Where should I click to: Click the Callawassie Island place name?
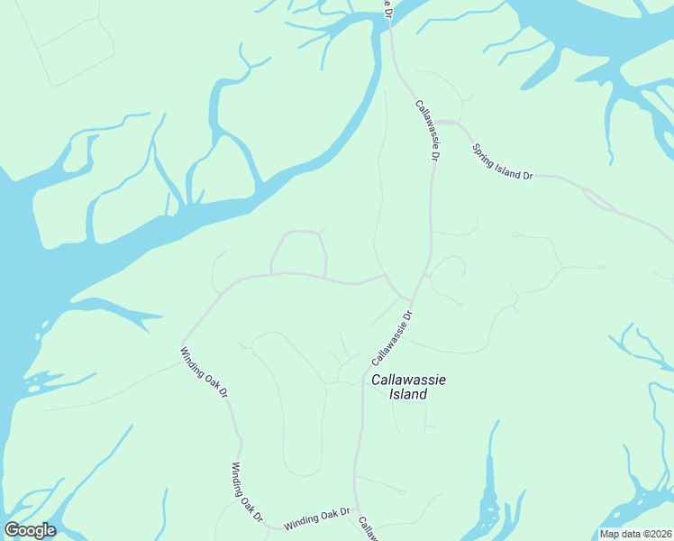coord(409,388)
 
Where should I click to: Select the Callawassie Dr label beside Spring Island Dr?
coord(427,130)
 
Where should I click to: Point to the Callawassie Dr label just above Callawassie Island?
coord(391,339)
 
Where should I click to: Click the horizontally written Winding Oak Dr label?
coord(316,518)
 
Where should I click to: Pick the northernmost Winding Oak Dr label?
coord(205,375)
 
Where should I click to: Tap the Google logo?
coord(30,530)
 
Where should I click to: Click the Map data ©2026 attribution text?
coord(636,534)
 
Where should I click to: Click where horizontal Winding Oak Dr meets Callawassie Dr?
coord(355,507)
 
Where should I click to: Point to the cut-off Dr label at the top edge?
coord(387,8)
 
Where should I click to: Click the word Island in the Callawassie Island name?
coord(409,395)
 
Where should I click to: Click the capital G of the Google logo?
coord(12,530)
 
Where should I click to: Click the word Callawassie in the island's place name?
coord(409,381)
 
